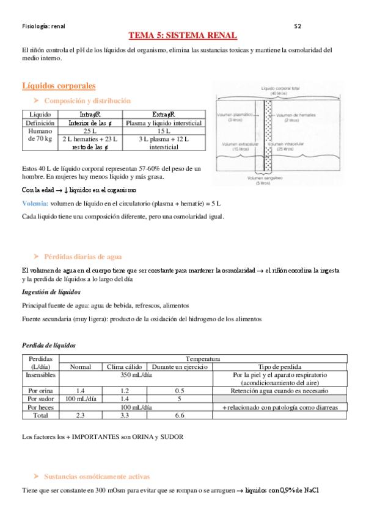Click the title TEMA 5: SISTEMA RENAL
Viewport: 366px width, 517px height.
pos(183,37)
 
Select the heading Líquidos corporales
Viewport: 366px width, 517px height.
pos(58,85)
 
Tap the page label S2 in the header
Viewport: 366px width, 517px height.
pos(297,26)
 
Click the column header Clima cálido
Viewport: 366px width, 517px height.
pos(124,367)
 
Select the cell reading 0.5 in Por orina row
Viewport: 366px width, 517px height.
pos(180,390)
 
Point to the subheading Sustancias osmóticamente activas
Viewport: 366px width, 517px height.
pos(97,476)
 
